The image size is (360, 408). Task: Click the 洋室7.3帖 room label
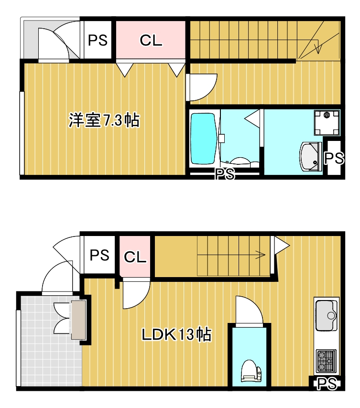[x=104, y=120]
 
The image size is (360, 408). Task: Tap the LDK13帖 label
[x=176, y=334]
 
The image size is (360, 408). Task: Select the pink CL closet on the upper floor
[x=151, y=40]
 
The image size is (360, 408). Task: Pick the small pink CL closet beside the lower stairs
[x=135, y=257]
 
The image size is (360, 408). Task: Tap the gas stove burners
[x=326, y=361]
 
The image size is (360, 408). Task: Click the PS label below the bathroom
[x=225, y=174]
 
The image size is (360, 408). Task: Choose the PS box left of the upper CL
[x=98, y=40]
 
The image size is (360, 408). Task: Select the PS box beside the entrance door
[x=99, y=255]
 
